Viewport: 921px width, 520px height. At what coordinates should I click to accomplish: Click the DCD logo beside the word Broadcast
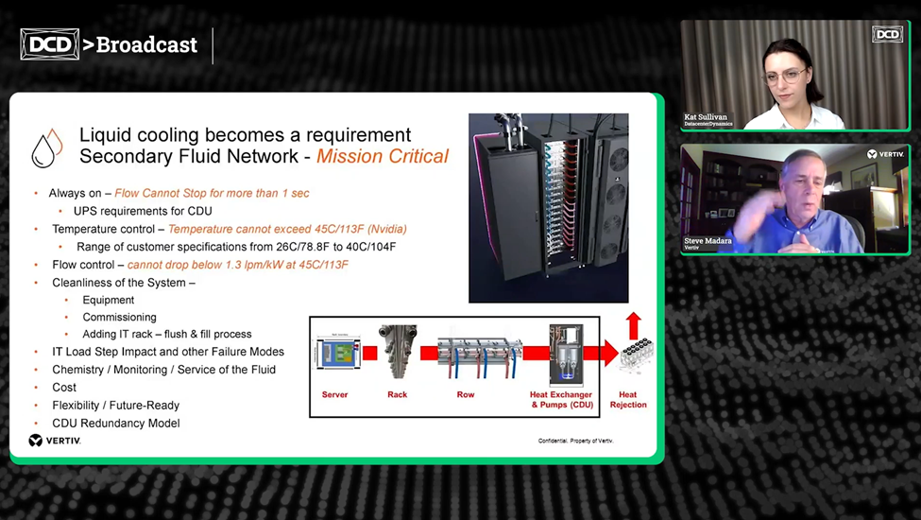[x=49, y=43]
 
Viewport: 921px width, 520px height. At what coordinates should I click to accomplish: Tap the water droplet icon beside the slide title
[x=47, y=147]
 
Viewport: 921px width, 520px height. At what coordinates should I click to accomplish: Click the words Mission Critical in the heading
[x=383, y=156]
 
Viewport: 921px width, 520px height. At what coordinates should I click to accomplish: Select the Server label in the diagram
[x=334, y=394]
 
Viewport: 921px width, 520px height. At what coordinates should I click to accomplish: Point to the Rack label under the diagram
[x=397, y=394]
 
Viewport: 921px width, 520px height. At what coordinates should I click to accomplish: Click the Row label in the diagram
[x=465, y=394]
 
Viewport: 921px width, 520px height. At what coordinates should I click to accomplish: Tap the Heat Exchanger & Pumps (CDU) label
[x=561, y=399]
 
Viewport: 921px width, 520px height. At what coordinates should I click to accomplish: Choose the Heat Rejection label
[x=628, y=399]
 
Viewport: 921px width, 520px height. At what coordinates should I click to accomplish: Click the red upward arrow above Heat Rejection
[x=634, y=324]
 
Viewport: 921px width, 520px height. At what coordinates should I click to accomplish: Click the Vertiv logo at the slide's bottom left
[x=55, y=440]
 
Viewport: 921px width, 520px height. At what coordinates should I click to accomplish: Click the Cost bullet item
[x=64, y=387]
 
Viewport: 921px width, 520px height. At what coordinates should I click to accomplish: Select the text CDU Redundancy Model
[x=115, y=423]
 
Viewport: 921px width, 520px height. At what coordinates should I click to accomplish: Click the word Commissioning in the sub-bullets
[x=119, y=317]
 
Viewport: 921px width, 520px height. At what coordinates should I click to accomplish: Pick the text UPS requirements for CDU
[x=143, y=211]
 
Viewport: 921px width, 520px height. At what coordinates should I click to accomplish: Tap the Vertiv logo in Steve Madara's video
[x=885, y=154]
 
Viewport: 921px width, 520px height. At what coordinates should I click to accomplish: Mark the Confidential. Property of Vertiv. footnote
[x=575, y=441]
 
